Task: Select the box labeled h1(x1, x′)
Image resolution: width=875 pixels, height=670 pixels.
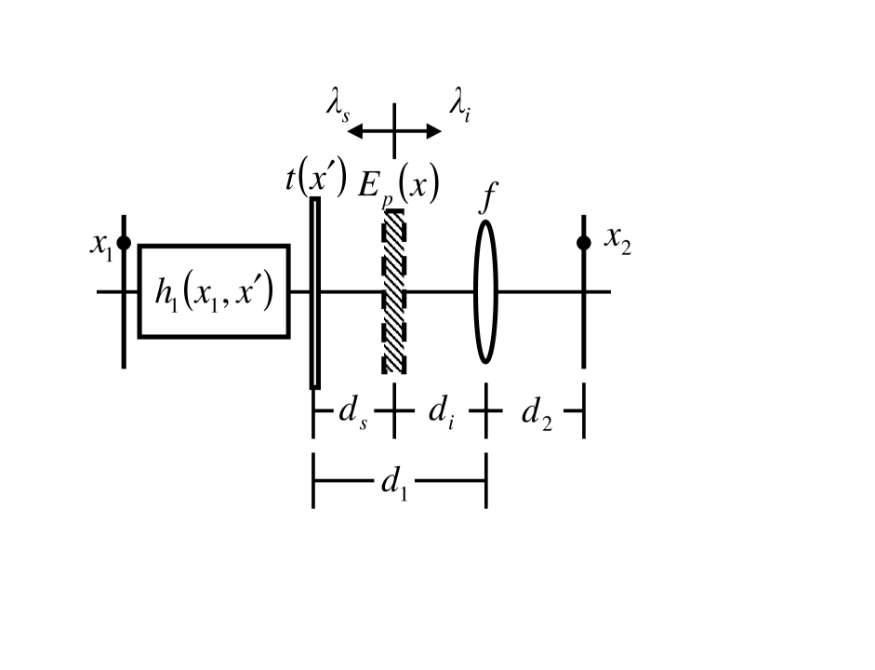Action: (x=214, y=290)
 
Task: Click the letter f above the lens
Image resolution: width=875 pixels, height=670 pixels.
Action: (x=484, y=199)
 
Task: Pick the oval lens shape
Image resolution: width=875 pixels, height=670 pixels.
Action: (x=485, y=290)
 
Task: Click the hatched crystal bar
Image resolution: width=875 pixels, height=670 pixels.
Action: (x=394, y=290)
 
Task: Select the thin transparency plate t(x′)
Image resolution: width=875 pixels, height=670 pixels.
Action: (x=315, y=292)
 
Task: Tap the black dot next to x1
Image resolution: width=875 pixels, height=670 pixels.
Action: (x=124, y=242)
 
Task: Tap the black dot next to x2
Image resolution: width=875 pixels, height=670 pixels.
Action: (x=583, y=242)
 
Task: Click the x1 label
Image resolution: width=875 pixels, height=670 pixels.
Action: (x=101, y=244)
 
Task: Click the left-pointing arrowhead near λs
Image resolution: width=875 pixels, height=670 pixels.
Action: (x=353, y=131)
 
